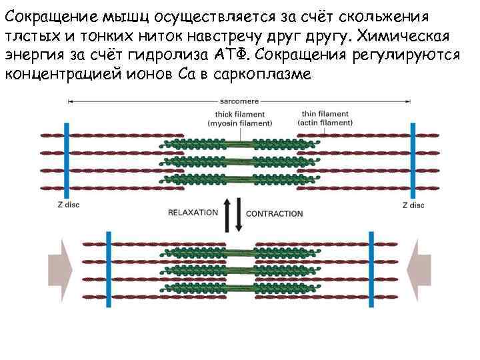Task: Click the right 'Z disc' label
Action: [x=413, y=205]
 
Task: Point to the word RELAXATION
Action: [x=193, y=213]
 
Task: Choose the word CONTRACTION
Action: [x=275, y=213]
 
